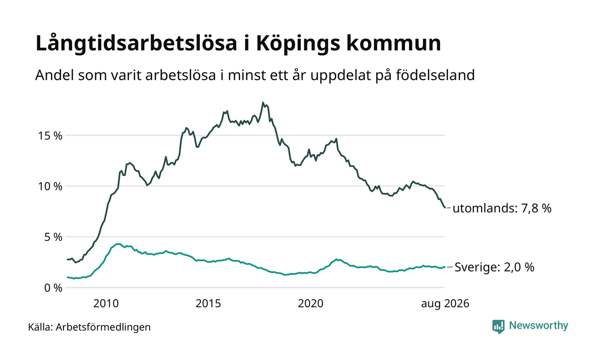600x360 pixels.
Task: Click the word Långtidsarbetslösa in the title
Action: [x=136, y=43]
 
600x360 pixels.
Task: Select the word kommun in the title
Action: [x=394, y=43]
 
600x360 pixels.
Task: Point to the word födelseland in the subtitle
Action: [x=435, y=75]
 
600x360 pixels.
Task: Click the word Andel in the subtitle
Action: [x=54, y=75]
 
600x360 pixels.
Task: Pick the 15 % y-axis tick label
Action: [x=50, y=136]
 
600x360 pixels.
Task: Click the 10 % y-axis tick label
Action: [x=50, y=186]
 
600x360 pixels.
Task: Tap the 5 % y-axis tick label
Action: [x=53, y=237]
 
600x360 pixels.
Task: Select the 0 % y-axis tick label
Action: [x=53, y=288]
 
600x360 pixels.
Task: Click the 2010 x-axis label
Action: [x=106, y=303]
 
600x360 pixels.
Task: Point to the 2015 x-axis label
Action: [x=208, y=303]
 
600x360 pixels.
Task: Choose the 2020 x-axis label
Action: [x=311, y=303]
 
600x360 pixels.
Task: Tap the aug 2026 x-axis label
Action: [x=445, y=304]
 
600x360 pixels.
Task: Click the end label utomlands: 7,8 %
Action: [x=502, y=208]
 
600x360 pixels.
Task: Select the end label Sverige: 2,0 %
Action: [x=495, y=267]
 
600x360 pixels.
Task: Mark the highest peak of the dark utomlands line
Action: [x=263, y=102]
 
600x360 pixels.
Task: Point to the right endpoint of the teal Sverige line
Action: [x=445, y=267]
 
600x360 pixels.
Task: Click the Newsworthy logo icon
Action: [x=498, y=327]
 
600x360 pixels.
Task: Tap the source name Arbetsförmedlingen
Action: [x=103, y=327]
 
